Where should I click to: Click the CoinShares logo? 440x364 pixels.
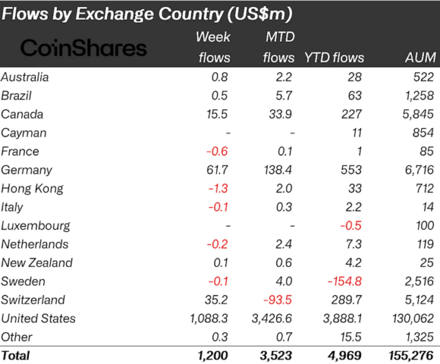(84, 47)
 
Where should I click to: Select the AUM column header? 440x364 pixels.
(419, 58)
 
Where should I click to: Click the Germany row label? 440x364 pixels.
(25, 170)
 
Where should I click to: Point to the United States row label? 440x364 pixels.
(38, 319)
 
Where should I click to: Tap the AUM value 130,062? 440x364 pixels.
(411, 319)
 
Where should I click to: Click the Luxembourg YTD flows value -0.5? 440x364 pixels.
(352, 226)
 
